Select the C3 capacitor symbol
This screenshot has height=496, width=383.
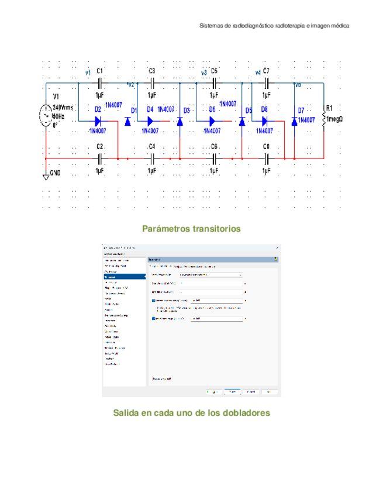click(x=151, y=83)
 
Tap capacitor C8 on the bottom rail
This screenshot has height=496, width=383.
click(x=266, y=158)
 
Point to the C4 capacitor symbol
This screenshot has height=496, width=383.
click(x=151, y=158)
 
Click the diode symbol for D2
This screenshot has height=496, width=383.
click(x=98, y=121)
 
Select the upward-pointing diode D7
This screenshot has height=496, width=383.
click(x=294, y=121)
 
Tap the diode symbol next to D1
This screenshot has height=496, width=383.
click(x=127, y=121)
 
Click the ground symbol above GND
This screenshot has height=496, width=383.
click(x=46, y=176)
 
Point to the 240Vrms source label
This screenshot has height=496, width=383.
click(x=64, y=108)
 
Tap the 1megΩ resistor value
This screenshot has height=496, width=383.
click(x=337, y=119)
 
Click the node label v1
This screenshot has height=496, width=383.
click(x=88, y=73)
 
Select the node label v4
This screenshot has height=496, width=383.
click(x=258, y=73)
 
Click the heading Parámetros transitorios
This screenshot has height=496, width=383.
click(x=191, y=229)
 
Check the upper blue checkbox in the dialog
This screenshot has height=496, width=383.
click(x=153, y=300)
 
